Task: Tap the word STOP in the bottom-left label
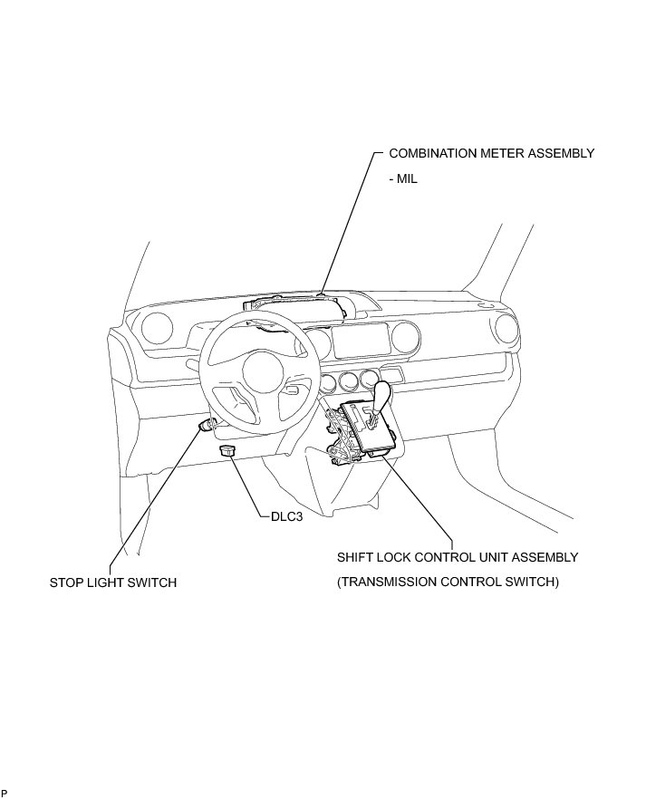click(x=66, y=582)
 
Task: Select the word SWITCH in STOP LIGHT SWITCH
click(x=150, y=582)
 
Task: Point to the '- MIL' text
click(x=402, y=178)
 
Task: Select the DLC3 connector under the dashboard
click(x=227, y=449)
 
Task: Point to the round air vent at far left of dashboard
click(x=158, y=327)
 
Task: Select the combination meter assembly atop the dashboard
click(x=299, y=307)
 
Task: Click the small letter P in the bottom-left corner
click(x=5, y=793)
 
